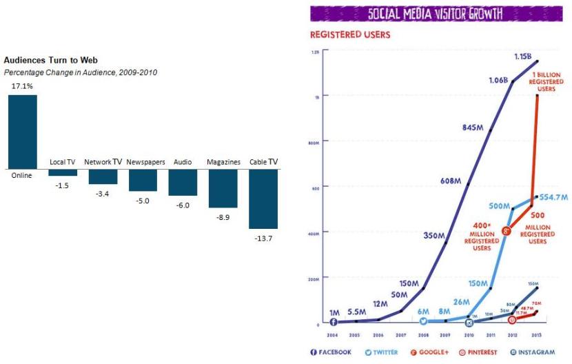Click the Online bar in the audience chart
point(23,132)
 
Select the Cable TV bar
point(263,199)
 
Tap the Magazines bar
point(223,188)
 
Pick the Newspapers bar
point(143,180)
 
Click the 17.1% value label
point(21,86)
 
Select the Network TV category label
point(103,162)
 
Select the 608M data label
point(449,181)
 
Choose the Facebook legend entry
point(331,352)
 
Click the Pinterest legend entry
point(475,352)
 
